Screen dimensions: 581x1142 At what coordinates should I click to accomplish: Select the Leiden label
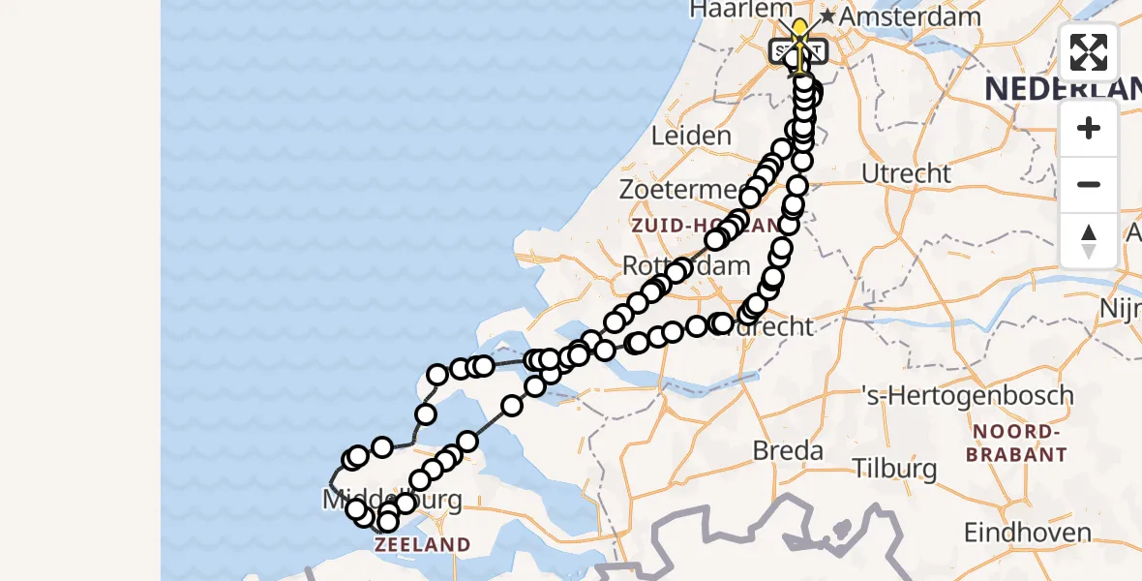pyautogui.click(x=691, y=136)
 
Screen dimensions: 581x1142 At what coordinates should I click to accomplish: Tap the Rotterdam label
pyautogui.click(x=686, y=265)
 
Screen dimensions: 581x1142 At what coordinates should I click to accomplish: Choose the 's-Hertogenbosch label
pyautogui.click(x=968, y=395)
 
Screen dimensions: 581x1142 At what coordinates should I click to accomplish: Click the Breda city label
pyautogui.click(x=789, y=450)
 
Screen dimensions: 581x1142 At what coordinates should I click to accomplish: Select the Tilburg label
pyautogui.click(x=895, y=470)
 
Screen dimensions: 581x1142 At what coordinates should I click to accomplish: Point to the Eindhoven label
pyautogui.click(x=1027, y=533)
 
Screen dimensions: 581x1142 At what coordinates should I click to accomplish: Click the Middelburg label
pyautogui.click(x=391, y=501)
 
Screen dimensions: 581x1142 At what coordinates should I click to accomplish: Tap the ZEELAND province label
pyautogui.click(x=422, y=545)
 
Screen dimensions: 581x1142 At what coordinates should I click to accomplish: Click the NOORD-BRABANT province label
pyautogui.click(x=1021, y=443)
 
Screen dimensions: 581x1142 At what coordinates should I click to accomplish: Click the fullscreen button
pyautogui.click(x=1089, y=52)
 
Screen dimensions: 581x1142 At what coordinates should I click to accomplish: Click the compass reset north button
pyautogui.click(x=1089, y=241)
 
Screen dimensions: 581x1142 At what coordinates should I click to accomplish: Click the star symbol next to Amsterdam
pyautogui.click(x=827, y=16)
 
